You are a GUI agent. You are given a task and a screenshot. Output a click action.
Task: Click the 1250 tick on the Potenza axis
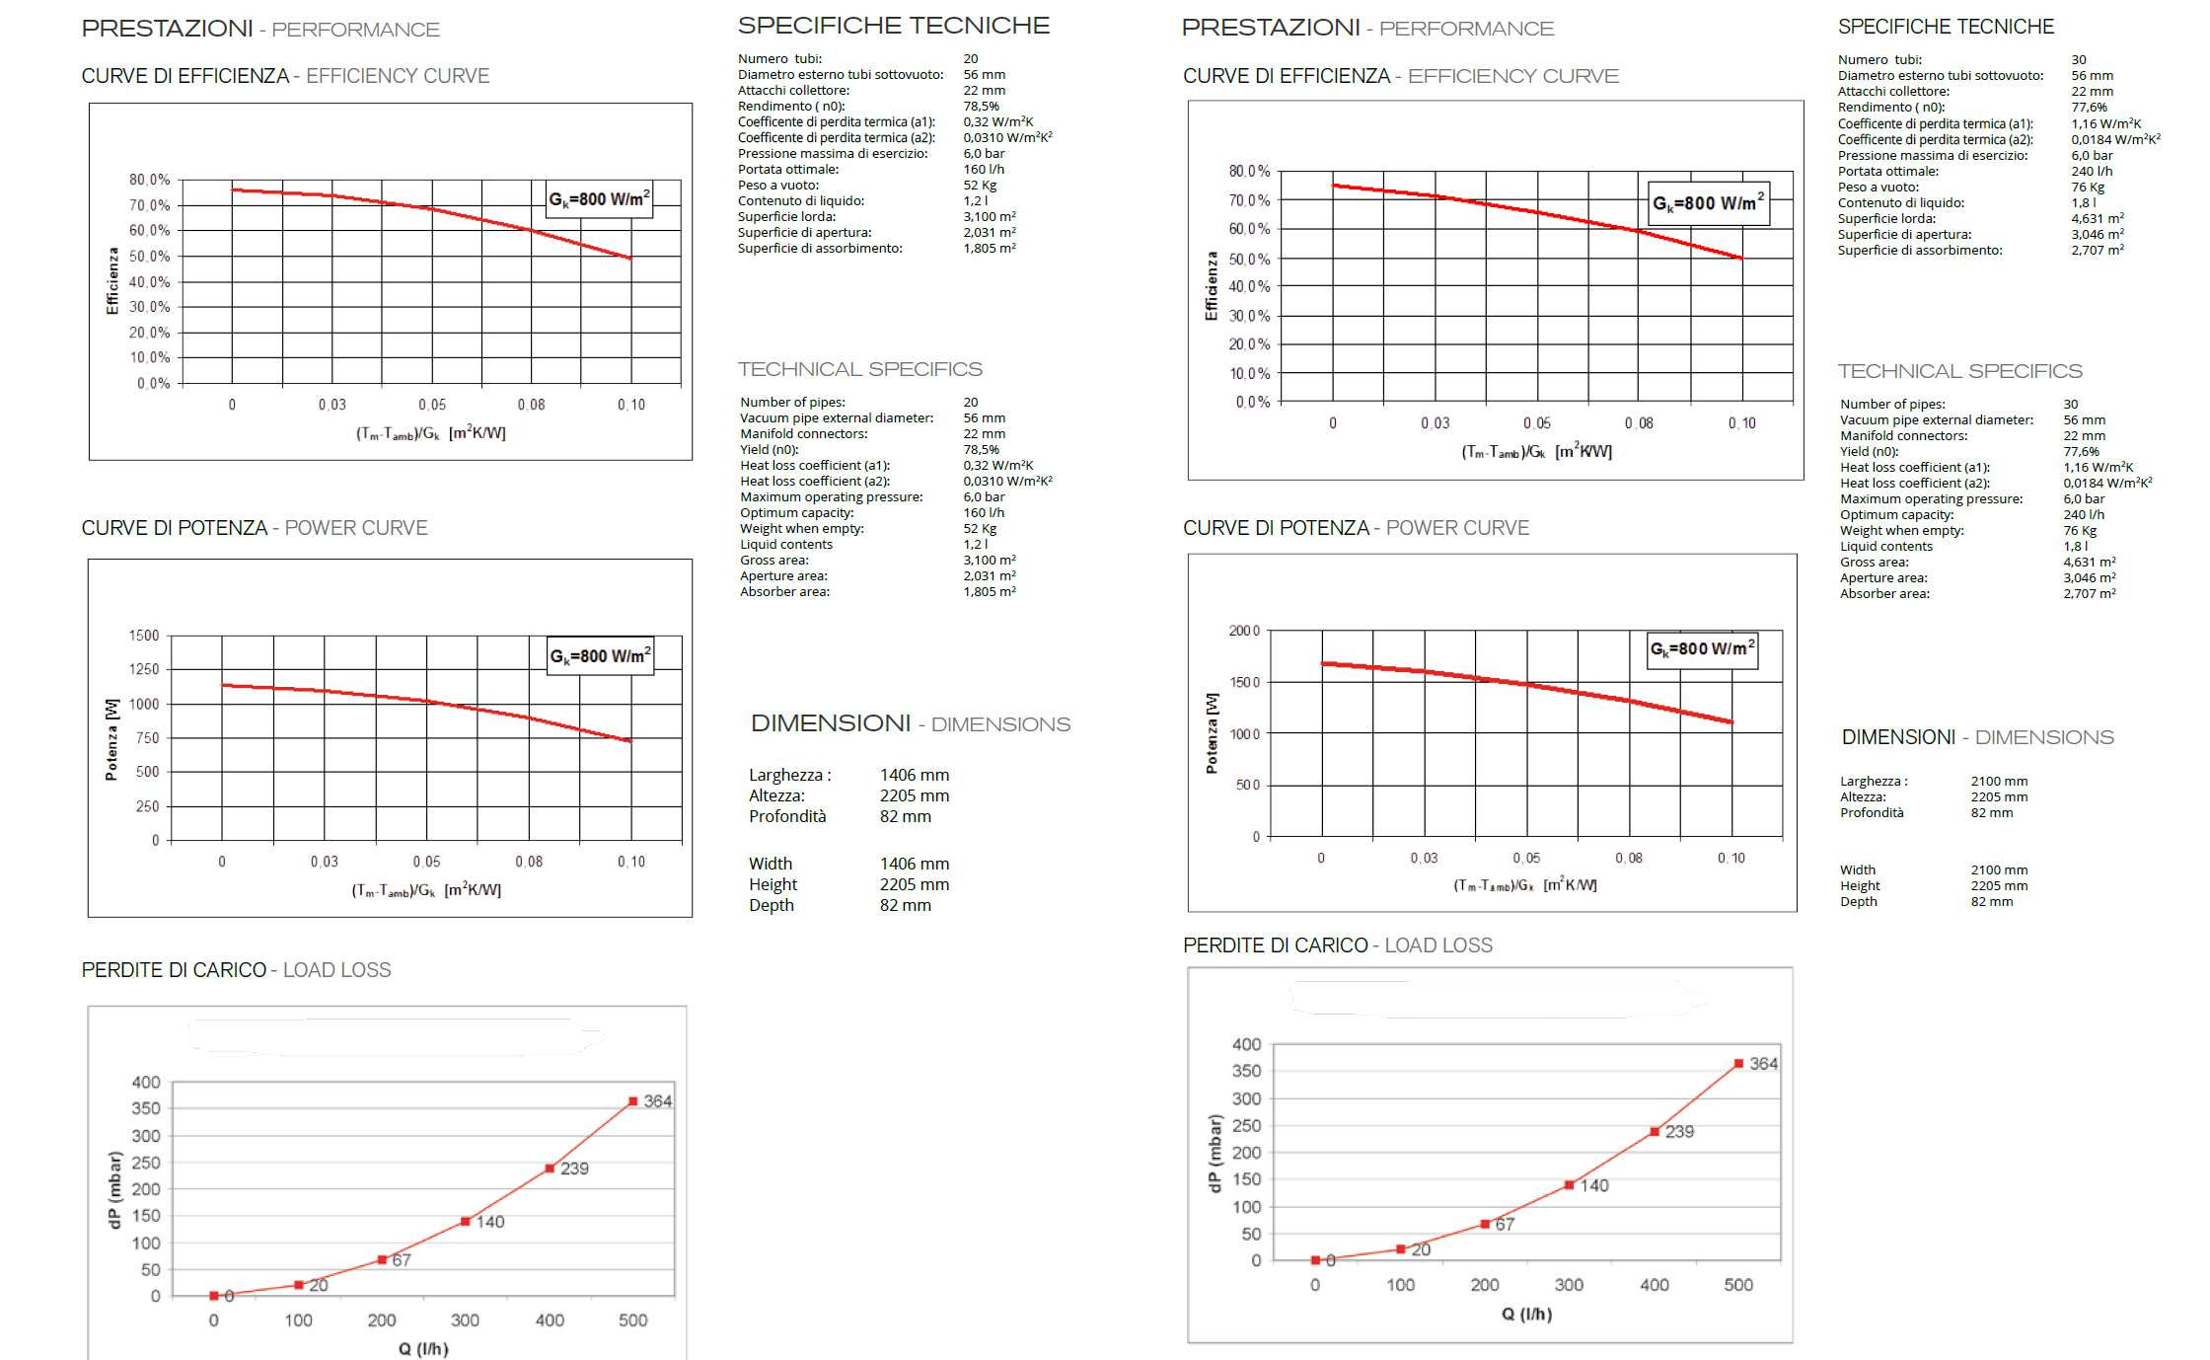(x=144, y=669)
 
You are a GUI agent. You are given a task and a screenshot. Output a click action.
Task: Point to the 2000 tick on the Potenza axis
(x=1243, y=631)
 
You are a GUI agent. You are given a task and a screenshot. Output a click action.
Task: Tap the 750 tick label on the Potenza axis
(x=147, y=738)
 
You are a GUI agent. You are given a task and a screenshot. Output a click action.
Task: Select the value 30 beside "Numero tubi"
(x=2079, y=60)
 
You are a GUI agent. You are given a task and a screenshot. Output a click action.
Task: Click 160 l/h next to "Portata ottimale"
(x=984, y=170)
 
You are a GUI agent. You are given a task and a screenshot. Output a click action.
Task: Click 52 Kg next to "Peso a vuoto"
(x=980, y=186)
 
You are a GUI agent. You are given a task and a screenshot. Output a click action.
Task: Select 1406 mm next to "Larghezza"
(x=914, y=776)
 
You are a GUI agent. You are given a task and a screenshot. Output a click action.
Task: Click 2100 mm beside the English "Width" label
(x=1999, y=870)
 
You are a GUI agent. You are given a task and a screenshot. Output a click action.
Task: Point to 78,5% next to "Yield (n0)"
(x=981, y=450)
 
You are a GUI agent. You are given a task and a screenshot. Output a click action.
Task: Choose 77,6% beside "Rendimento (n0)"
(x=2089, y=108)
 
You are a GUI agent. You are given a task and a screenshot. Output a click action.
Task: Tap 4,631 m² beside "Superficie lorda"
(x=2098, y=219)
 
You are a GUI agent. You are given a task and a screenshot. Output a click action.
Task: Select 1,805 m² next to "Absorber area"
(x=990, y=592)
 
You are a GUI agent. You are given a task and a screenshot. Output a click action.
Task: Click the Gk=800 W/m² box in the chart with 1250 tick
(x=600, y=656)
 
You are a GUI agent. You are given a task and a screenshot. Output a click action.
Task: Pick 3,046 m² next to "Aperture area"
(x=2090, y=578)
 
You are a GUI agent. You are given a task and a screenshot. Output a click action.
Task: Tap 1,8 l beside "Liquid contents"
(x=2075, y=547)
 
